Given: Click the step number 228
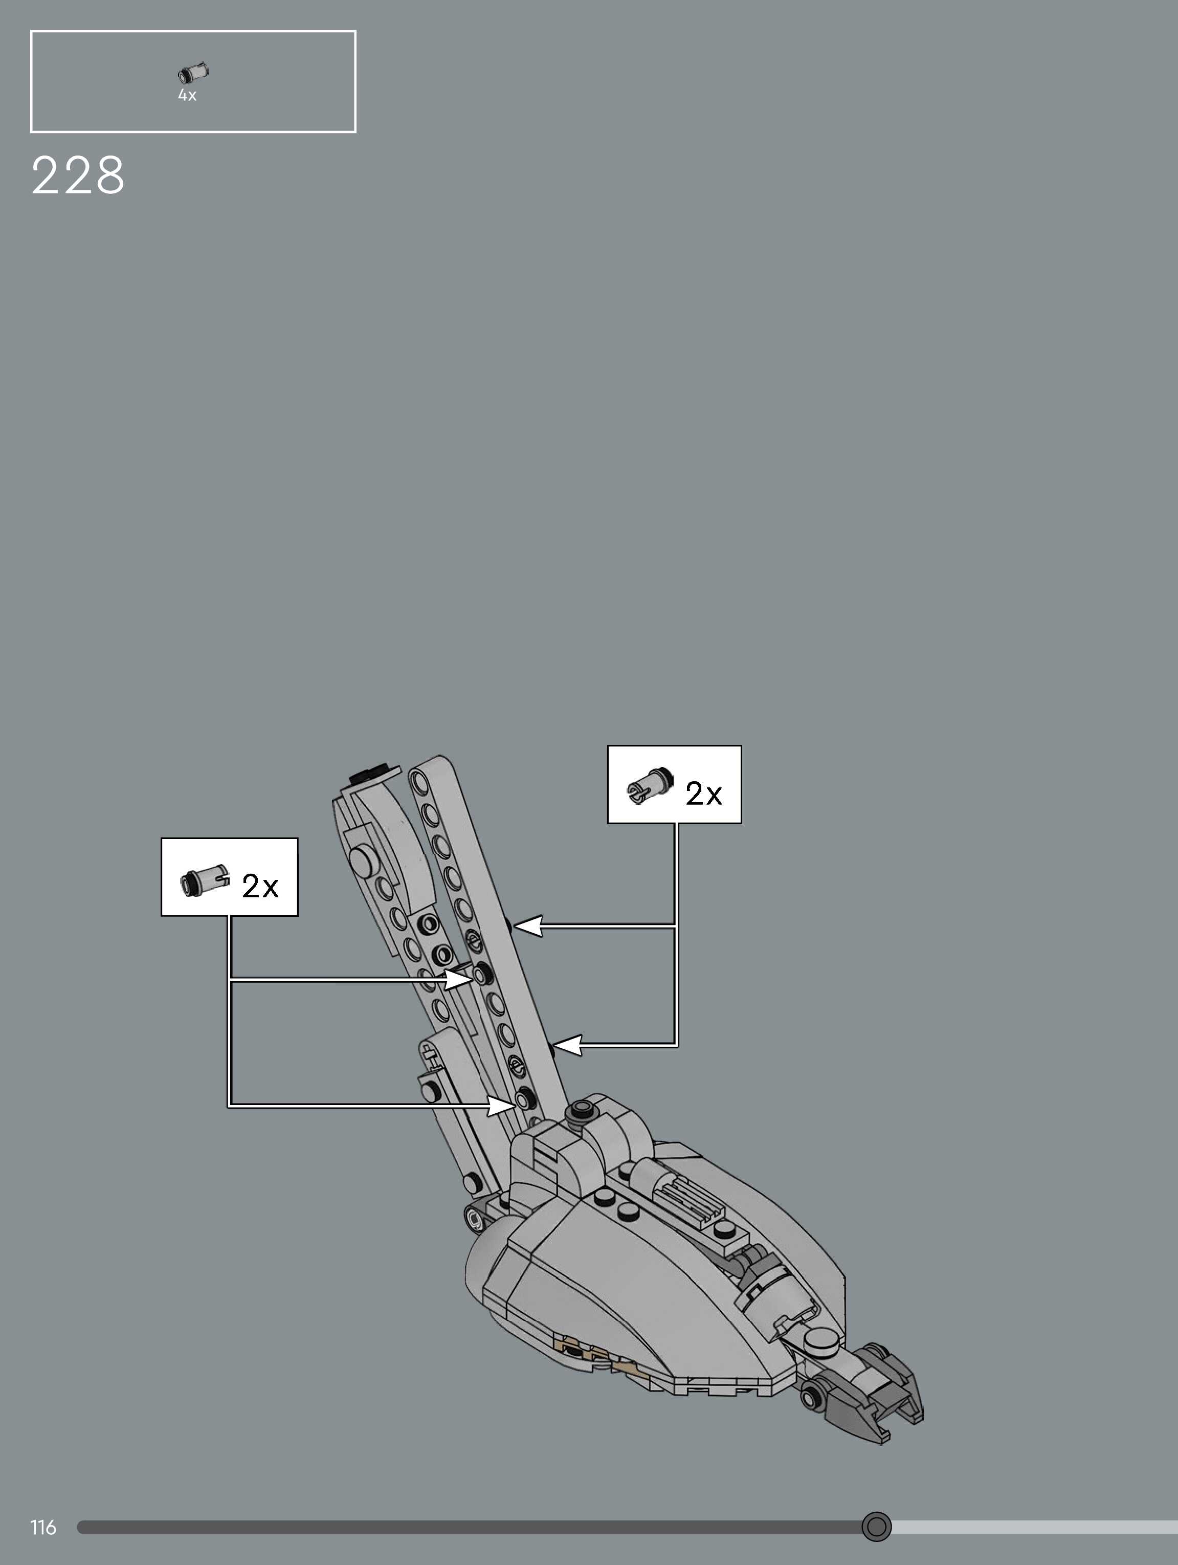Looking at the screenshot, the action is click(x=78, y=175).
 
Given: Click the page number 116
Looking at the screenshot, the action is click(x=43, y=1528).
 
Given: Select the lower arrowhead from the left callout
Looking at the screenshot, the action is click(x=502, y=1105).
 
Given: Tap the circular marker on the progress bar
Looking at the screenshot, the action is click(x=877, y=1526).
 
